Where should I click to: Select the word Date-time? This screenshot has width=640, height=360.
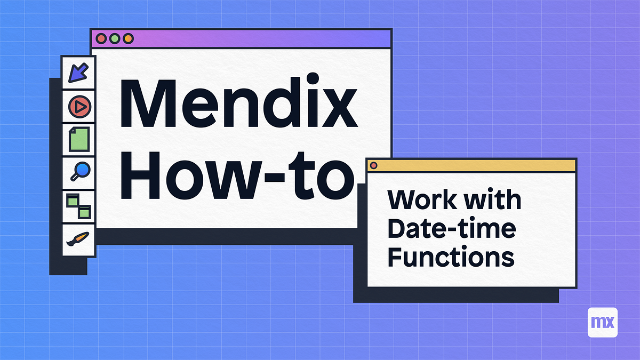tap(451, 229)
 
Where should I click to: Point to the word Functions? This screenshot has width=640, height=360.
tap(451, 258)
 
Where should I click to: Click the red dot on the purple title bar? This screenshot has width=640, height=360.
tap(101, 38)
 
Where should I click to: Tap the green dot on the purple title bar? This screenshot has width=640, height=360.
tap(114, 38)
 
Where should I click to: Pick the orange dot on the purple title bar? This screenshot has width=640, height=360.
tap(127, 38)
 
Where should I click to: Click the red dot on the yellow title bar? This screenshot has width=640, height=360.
tap(374, 165)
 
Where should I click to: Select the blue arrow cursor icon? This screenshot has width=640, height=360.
tap(79, 73)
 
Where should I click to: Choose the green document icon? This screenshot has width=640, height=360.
tap(79, 140)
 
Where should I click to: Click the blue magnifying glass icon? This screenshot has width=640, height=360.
tap(79, 172)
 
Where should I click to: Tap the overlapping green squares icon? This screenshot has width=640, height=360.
tap(79, 206)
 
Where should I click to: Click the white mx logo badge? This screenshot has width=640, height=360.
tap(602, 322)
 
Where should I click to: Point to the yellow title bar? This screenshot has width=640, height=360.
tap(475, 165)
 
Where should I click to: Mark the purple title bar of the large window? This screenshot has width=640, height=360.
tap(256, 38)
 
